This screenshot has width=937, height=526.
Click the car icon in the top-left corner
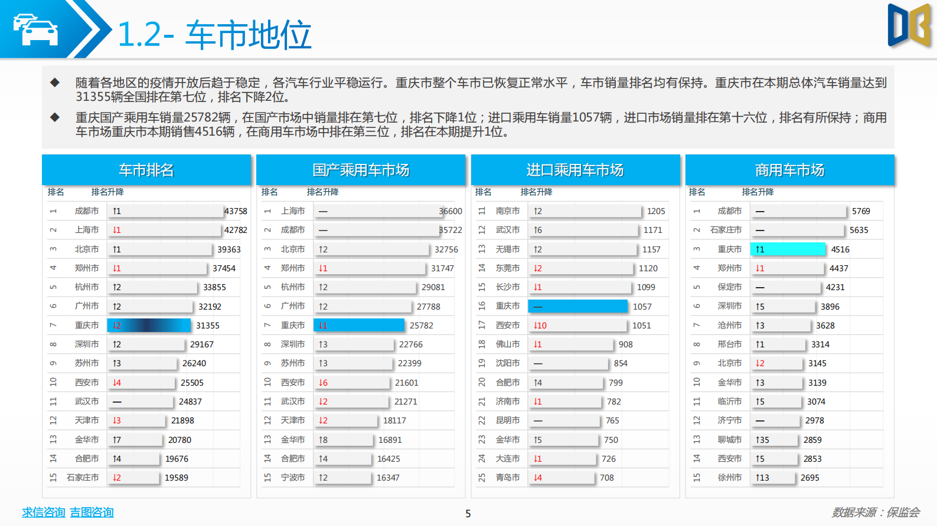[x=35, y=29]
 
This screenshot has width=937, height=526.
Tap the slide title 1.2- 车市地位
[x=214, y=35]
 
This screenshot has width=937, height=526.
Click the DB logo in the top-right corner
[x=909, y=26]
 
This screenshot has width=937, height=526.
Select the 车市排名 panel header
[x=146, y=170]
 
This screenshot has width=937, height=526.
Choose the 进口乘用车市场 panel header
[x=575, y=170]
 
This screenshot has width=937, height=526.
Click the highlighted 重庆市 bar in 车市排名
[x=149, y=326]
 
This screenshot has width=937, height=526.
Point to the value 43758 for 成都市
[x=236, y=211]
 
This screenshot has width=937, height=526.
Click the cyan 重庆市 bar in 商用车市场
[x=788, y=249]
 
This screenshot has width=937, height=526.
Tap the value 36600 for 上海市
[x=450, y=211]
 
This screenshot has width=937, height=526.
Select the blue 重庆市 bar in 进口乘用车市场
[x=577, y=307]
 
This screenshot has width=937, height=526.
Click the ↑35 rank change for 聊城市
[x=762, y=440]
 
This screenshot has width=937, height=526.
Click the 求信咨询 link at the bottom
[x=43, y=512]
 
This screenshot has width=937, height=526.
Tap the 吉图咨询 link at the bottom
[x=92, y=512]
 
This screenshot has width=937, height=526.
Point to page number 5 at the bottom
[x=468, y=514]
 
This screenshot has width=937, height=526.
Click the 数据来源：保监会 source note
[x=876, y=512]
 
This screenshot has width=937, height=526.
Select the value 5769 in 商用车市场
[x=861, y=211]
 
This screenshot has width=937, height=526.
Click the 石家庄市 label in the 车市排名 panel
[x=83, y=478]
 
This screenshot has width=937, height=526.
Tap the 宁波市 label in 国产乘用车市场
[x=293, y=478]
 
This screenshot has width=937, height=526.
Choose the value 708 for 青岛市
[x=607, y=478]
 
